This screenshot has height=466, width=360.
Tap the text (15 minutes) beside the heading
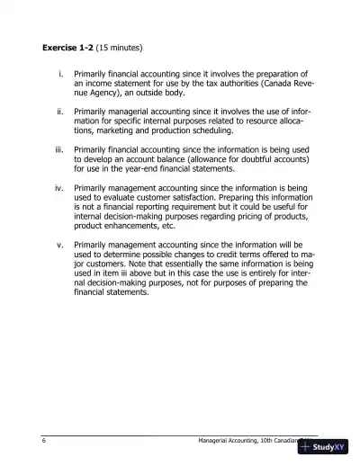coord(119,47)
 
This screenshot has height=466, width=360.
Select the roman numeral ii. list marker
coord(59,112)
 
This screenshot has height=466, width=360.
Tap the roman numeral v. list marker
coord(59,244)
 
